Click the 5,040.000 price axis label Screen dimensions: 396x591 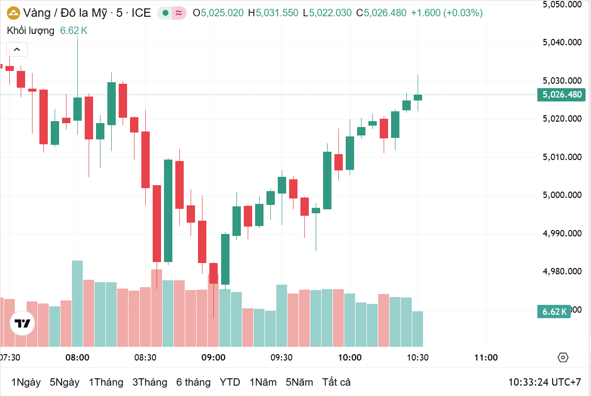(x=562, y=42)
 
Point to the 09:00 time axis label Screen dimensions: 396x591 (x=213, y=358)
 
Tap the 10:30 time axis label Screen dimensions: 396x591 (x=418, y=358)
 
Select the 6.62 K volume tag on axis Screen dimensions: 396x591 (x=555, y=311)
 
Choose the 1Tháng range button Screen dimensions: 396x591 (x=106, y=382)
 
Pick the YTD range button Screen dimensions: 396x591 (x=230, y=382)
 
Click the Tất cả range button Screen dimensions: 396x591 (x=336, y=382)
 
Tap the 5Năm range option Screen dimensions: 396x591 (x=299, y=382)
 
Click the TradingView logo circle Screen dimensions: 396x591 (x=23, y=324)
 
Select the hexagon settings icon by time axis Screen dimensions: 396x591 (x=563, y=358)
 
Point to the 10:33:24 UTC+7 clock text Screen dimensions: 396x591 (x=545, y=382)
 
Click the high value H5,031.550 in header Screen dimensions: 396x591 (x=273, y=13)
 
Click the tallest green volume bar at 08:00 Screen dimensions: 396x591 (x=77, y=303)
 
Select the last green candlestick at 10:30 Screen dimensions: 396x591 (x=418, y=97)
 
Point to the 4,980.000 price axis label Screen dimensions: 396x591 (x=562, y=271)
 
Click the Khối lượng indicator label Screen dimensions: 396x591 (x=31, y=31)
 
